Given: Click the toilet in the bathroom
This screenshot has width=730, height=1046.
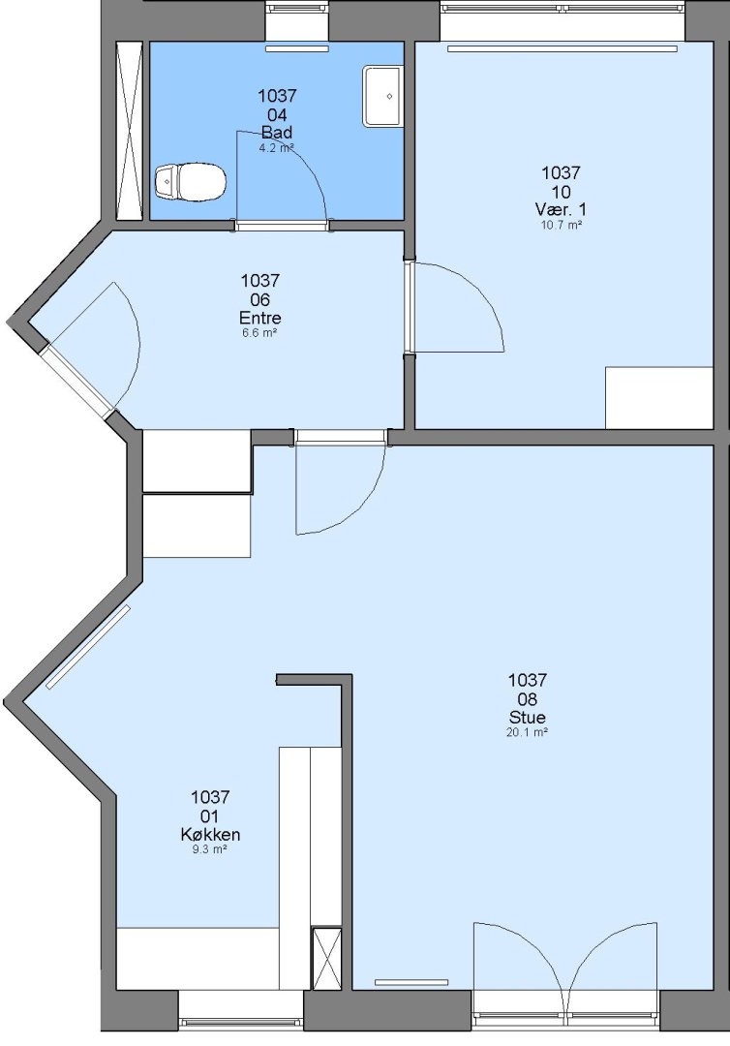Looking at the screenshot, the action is [191, 181].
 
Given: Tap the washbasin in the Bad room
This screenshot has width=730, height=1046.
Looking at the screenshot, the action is [382, 96].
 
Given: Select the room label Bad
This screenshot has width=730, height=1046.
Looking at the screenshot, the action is [277, 133].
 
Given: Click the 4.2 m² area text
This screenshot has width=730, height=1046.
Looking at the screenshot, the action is [277, 148].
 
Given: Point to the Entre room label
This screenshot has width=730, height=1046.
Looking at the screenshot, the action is [260, 318].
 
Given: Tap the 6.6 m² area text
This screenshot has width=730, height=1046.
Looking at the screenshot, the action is [260, 332].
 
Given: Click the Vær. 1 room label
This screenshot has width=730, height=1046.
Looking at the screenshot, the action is [561, 209].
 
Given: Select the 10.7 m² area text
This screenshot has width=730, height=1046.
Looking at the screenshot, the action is [562, 225].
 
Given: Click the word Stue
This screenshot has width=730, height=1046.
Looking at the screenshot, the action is [528, 717].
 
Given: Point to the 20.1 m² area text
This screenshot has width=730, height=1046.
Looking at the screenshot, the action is [528, 732].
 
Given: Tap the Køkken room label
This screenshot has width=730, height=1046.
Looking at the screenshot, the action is [211, 835].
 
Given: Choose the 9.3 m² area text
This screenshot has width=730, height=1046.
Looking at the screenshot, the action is [210, 849].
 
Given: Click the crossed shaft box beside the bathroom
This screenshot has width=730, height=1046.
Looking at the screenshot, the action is [129, 130].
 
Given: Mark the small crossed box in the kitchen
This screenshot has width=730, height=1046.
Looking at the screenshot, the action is [326, 958].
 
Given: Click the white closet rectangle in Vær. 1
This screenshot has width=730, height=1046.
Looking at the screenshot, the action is [659, 398].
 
